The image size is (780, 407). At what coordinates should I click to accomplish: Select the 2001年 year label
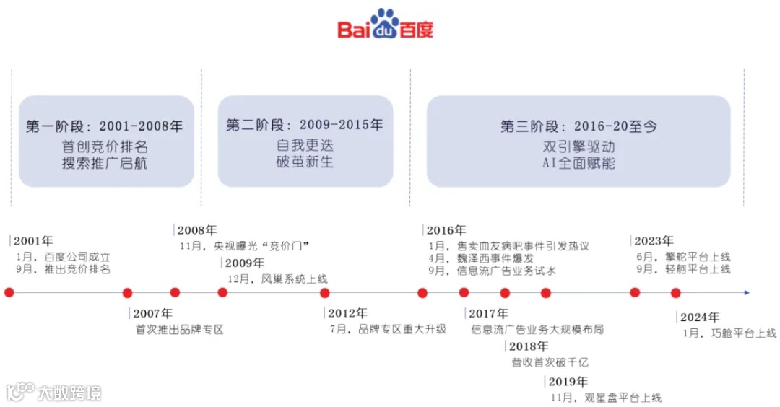pos(33,241)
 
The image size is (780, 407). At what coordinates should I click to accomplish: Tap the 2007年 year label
pos(153,314)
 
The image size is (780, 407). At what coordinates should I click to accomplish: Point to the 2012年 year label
pos(347,314)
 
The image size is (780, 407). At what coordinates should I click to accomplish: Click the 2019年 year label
pos(568,382)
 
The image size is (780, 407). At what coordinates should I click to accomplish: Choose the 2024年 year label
pos(700,317)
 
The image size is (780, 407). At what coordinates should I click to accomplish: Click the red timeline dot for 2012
pos(325,292)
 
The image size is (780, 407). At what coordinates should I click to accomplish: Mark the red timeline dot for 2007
pos(128,292)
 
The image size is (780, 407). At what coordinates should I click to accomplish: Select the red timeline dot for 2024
pos(676,292)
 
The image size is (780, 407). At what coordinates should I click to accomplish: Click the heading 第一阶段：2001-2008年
pos(105,126)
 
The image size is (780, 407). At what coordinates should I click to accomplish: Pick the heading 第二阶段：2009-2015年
pos(305,125)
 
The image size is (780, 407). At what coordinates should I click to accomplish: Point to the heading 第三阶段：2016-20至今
pos(578,126)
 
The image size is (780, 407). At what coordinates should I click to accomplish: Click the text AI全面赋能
pos(578,164)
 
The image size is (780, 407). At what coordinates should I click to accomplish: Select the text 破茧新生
pos(305,162)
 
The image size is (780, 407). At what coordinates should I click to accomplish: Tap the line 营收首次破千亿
pos(550,362)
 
